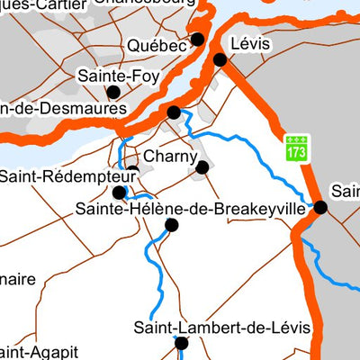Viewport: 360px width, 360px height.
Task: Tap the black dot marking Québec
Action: click(198, 40)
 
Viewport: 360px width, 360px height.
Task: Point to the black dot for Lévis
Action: click(220, 60)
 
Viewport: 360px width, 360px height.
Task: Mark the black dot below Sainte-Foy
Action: click(113, 92)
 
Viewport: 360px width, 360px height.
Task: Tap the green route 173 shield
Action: click(297, 148)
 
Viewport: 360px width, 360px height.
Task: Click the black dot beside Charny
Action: click(202, 166)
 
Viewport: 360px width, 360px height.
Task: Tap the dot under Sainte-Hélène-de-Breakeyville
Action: click(172, 225)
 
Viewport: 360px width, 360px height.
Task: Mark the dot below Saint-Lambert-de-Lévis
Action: click(181, 343)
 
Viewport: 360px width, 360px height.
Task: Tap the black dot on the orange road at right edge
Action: click(320, 207)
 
